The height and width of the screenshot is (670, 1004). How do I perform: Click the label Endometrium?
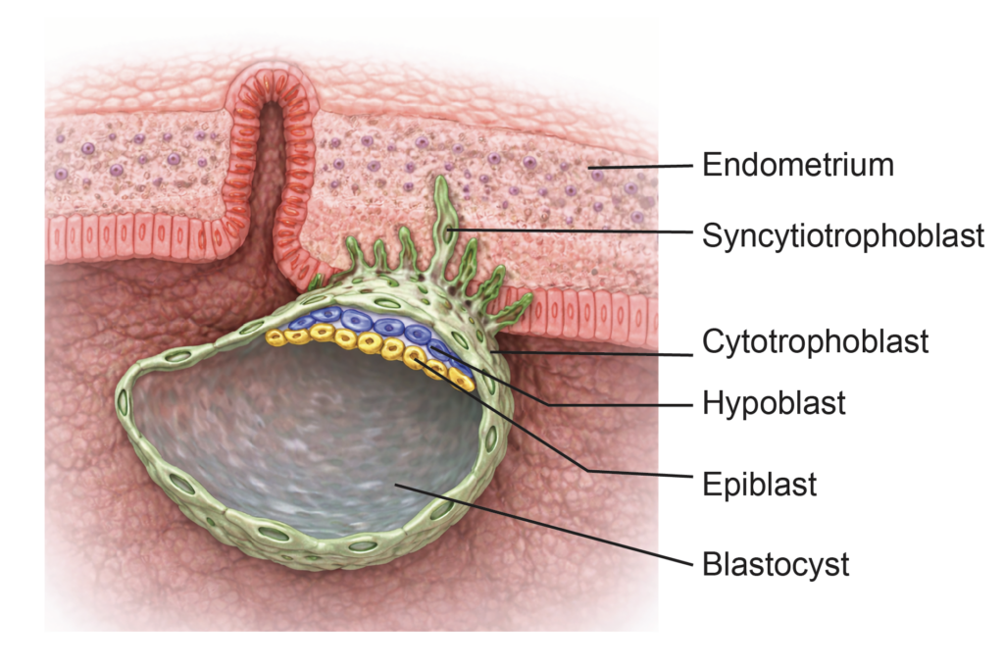pos(797,165)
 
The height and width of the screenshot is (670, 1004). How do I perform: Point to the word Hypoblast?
pos(774,403)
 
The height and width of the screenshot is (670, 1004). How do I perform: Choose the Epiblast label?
pos(759,485)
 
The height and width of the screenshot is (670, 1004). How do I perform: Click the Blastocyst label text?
pos(776,565)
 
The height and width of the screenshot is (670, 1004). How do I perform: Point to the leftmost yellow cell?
pos(275,337)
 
